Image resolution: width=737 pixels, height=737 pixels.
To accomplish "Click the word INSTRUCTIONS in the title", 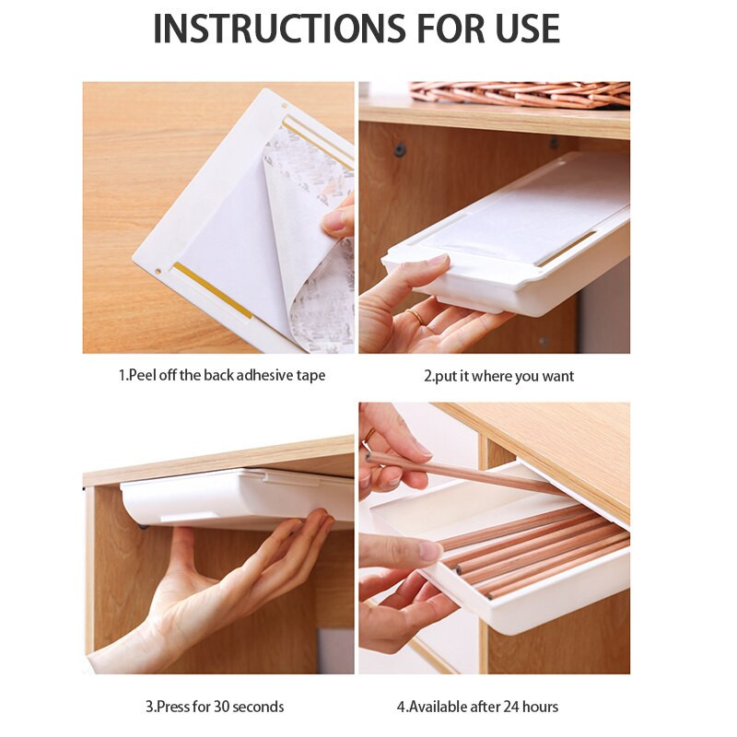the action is pyautogui.click(x=279, y=29).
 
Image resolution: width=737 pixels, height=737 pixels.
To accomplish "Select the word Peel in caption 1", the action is pyautogui.click(x=143, y=375).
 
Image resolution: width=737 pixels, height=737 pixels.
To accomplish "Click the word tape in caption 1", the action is pyautogui.click(x=310, y=376).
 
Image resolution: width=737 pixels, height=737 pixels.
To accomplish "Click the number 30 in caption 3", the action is pyautogui.click(x=222, y=707).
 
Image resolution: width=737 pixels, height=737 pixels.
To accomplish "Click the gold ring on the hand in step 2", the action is pyautogui.click(x=416, y=316).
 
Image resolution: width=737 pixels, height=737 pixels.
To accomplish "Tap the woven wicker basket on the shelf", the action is pyautogui.click(x=520, y=94).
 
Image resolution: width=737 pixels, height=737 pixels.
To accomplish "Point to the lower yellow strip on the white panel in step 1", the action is pyautogui.click(x=212, y=291).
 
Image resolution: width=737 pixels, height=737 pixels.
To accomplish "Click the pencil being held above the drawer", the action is pyautogui.click(x=463, y=473).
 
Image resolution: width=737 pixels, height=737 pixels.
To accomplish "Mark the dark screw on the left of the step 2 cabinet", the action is pyautogui.click(x=400, y=150).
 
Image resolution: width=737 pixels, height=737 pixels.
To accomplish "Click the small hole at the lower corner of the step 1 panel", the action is pyautogui.click(x=158, y=271).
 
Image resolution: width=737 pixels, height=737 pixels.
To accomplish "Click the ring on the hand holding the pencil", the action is pyautogui.click(x=369, y=435).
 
